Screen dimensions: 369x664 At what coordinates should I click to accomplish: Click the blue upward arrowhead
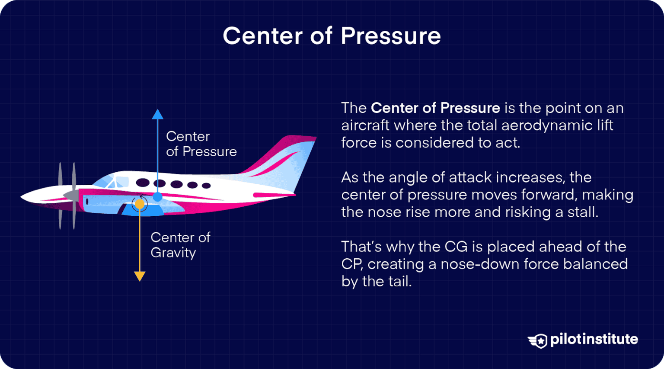[x=157, y=114]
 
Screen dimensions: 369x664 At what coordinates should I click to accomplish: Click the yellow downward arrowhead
[x=140, y=276]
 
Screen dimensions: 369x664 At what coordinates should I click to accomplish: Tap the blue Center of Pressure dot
[x=157, y=197]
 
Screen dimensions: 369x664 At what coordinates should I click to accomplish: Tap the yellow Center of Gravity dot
[x=140, y=203]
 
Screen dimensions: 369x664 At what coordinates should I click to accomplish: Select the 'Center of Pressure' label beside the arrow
[x=201, y=144]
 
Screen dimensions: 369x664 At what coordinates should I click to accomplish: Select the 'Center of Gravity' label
[x=180, y=245]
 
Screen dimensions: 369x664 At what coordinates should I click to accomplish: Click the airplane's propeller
[x=67, y=196]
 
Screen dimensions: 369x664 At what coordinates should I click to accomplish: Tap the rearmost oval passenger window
[x=206, y=186]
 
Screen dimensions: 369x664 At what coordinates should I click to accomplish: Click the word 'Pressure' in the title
[x=390, y=36]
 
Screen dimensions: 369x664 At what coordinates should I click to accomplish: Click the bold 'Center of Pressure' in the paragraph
[x=435, y=108]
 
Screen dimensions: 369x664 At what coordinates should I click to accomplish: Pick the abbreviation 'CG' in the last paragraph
[x=456, y=247]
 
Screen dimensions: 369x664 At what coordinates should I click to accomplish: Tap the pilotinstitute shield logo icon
[x=538, y=340]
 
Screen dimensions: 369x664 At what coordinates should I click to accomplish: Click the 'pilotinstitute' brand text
[x=594, y=339]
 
